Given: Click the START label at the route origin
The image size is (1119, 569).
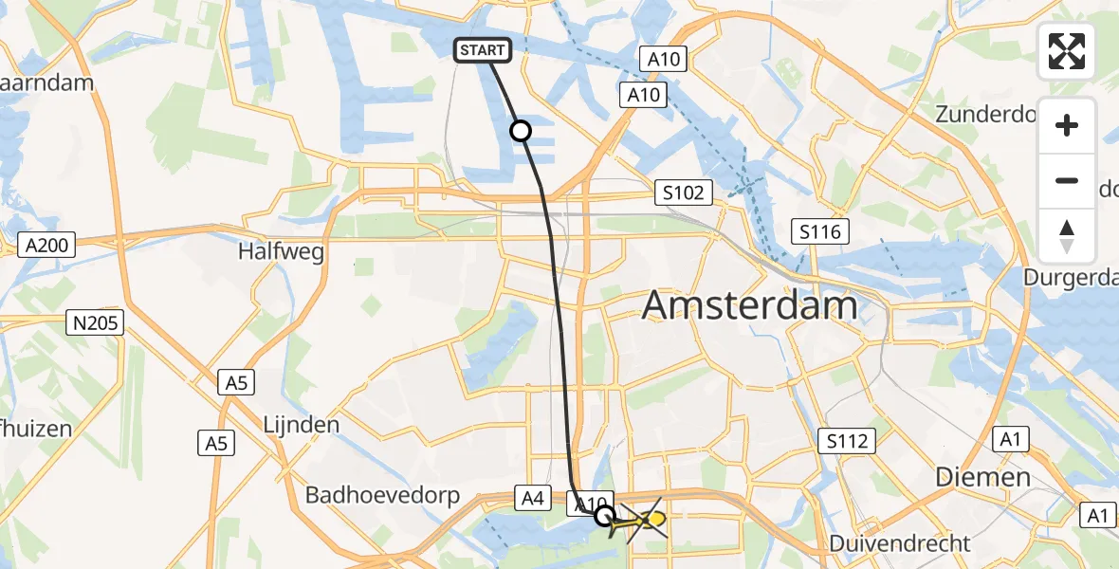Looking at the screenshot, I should pyautogui.click(x=484, y=50).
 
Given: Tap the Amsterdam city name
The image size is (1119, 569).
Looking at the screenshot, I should pyautogui.click(x=750, y=305).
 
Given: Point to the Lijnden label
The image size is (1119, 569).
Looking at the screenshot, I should pyautogui.click(x=301, y=424).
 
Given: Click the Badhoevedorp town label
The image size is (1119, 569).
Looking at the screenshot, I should pyautogui.click(x=382, y=495).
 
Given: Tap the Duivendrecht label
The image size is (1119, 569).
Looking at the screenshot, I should pyautogui.click(x=900, y=543).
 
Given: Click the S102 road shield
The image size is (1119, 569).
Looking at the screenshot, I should pyautogui.click(x=684, y=193).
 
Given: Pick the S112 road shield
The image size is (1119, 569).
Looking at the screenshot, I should pyautogui.click(x=847, y=440).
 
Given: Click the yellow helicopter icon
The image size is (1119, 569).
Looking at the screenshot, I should pyautogui.click(x=648, y=520).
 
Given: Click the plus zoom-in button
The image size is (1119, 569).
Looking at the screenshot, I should pyautogui.click(x=1067, y=125).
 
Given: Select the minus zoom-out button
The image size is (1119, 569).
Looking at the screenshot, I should pyautogui.click(x=1067, y=180).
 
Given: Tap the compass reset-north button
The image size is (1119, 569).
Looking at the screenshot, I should pyautogui.click(x=1067, y=236).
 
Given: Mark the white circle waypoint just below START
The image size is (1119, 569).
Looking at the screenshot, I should pyautogui.click(x=521, y=131).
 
